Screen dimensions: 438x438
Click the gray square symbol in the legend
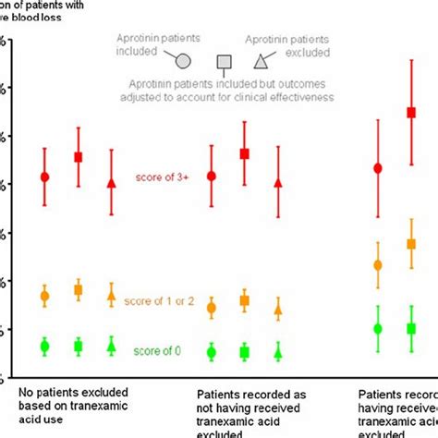[223, 62]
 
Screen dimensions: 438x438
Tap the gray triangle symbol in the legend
[262, 62]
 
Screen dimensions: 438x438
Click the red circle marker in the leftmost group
[44, 176]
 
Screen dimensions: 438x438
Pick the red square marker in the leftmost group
[79, 157]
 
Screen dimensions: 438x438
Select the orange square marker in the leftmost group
[79, 290]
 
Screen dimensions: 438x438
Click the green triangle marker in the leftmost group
[112, 347]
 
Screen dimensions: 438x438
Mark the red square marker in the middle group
[245, 153]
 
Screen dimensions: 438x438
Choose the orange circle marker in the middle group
[212, 309]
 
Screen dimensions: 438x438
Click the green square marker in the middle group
[245, 352]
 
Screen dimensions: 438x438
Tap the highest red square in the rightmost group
[411, 113]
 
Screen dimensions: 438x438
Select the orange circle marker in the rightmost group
[378, 265]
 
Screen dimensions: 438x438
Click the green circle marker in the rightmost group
[378, 328]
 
